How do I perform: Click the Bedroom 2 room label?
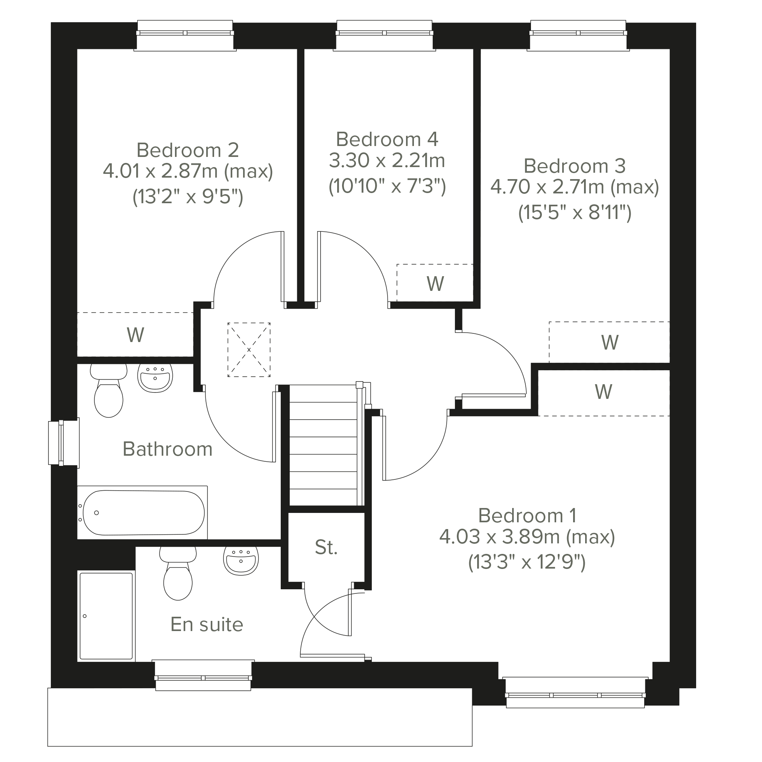coord(188,150)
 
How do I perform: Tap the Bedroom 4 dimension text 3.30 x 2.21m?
coord(387,161)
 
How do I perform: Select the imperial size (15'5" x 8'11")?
coord(575,213)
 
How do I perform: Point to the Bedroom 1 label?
coord(527,516)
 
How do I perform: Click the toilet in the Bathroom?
coord(108,390)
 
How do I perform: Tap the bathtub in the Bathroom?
coord(142,513)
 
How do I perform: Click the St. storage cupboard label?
coord(326,548)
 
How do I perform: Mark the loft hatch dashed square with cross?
coord(249,350)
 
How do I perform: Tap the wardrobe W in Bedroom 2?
coord(135,335)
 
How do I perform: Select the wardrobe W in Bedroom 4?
coord(435,283)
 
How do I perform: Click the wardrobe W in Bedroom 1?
coord(604,392)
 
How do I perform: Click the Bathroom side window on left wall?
coord(64,443)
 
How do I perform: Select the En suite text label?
coord(207,624)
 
